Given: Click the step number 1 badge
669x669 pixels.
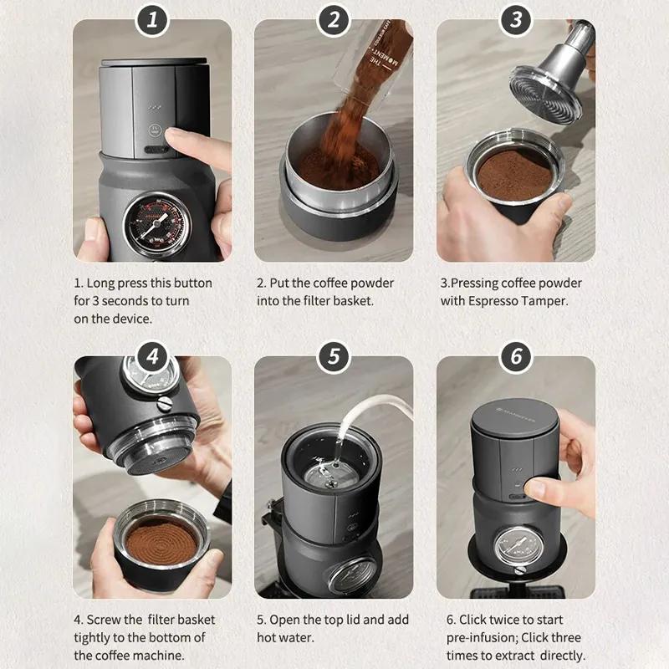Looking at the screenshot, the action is point(152,20).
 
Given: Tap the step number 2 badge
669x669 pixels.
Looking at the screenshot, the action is point(334,20).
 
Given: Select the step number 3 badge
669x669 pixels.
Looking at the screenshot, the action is point(516,20).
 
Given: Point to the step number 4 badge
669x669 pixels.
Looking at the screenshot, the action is point(152,357).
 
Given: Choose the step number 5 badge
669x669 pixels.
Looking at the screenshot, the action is point(334,357).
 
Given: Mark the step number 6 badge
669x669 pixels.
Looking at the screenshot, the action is point(516,357).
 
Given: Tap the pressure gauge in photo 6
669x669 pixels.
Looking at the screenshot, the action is point(518,546).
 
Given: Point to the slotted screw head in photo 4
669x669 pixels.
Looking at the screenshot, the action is point(164,404).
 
